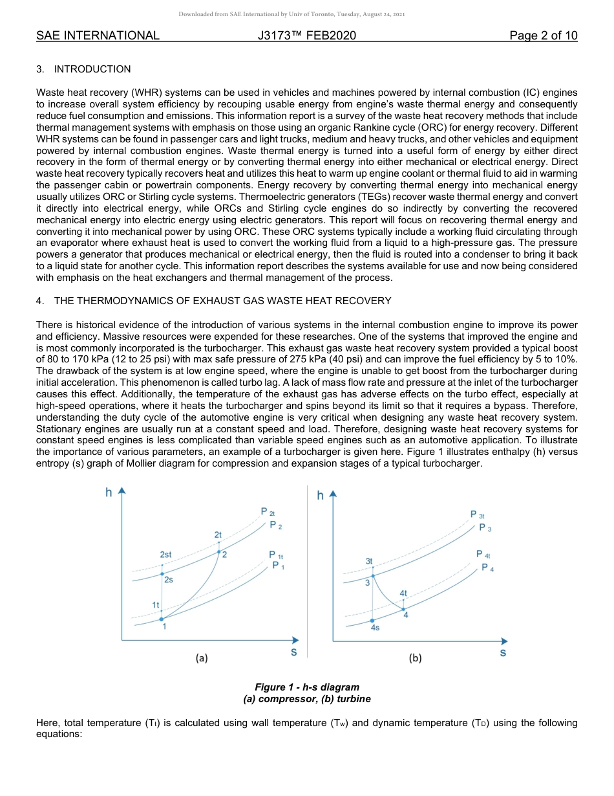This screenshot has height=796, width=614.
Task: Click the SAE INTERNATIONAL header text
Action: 98,36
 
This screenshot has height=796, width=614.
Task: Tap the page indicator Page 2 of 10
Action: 543,36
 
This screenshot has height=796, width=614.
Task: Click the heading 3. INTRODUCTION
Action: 83,69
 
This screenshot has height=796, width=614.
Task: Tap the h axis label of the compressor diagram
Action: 109,493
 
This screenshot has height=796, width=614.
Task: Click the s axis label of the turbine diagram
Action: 503,653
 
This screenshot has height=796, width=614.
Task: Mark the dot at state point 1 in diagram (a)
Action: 162,619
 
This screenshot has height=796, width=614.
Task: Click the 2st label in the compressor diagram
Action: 165,555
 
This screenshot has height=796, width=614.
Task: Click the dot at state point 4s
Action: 372,621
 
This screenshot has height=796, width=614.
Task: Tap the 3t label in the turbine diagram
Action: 369,560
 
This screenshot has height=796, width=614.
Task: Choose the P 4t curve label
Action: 483,555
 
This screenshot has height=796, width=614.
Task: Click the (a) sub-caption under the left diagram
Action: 202,658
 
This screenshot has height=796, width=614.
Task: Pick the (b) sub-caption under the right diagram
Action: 415,658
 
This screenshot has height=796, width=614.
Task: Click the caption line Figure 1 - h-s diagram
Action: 307,687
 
